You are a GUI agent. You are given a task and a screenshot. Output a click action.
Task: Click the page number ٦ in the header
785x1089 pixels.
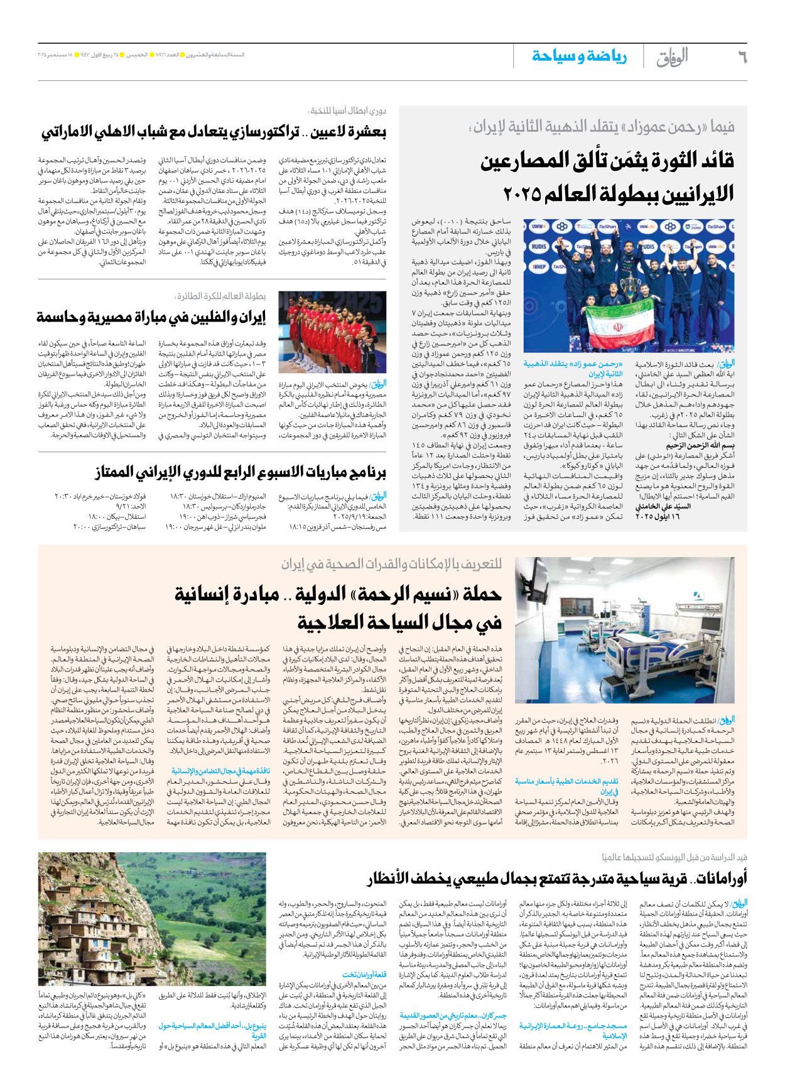pos(742,57)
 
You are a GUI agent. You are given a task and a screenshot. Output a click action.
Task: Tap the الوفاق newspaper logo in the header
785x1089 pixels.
pos(672,57)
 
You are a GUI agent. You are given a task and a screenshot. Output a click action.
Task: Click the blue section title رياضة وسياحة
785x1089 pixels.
pos(579,57)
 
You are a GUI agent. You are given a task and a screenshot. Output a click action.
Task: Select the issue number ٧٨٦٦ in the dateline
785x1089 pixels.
pos(163,55)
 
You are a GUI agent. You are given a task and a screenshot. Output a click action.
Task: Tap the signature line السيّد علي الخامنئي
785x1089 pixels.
pos(663,506)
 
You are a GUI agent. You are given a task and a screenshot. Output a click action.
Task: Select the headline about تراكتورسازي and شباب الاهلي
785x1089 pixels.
pos(214,132)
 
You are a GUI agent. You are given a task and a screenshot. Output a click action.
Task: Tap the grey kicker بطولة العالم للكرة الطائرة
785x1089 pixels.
pos(220,296)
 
